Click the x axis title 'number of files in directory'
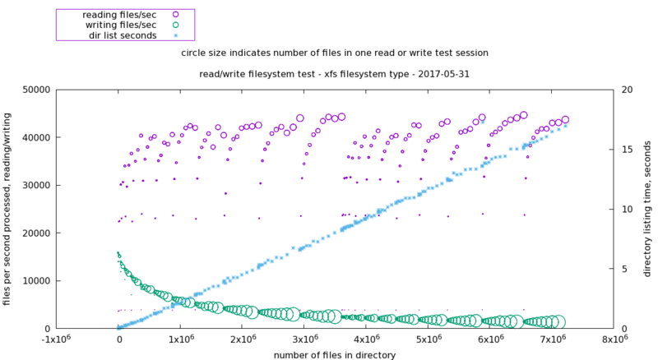click(336, 355)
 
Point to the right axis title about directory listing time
click(647, 209)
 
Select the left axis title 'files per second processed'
click(7, 209)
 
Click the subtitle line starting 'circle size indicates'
click(336, 52)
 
